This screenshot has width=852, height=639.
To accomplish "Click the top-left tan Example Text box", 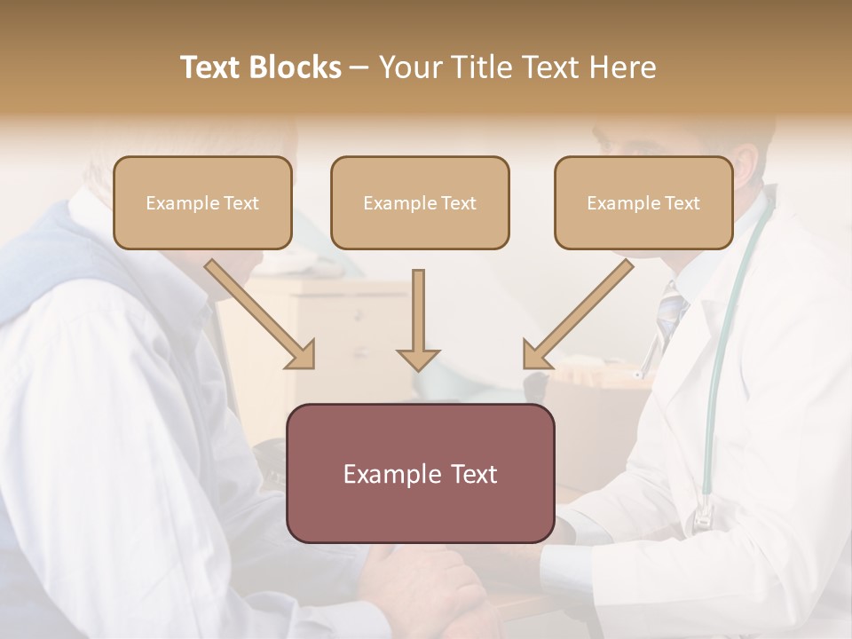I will [x=202, y=202].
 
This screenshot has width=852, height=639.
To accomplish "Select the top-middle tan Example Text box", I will [x=420, y=202].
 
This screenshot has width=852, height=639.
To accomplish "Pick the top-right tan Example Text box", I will [x=643, y=202].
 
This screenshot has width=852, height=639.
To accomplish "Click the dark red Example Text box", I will [x=421, y=473].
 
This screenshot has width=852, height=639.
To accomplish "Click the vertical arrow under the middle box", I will [x=418, y=319].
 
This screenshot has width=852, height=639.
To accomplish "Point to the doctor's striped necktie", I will [x=671, y=311].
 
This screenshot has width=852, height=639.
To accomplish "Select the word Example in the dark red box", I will [x=385, y=474].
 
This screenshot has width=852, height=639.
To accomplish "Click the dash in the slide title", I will [x=359, y=67].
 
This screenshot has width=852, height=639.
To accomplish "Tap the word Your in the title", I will [x=410, y=67].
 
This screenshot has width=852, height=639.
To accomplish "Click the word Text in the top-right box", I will [x=682, y=203].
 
